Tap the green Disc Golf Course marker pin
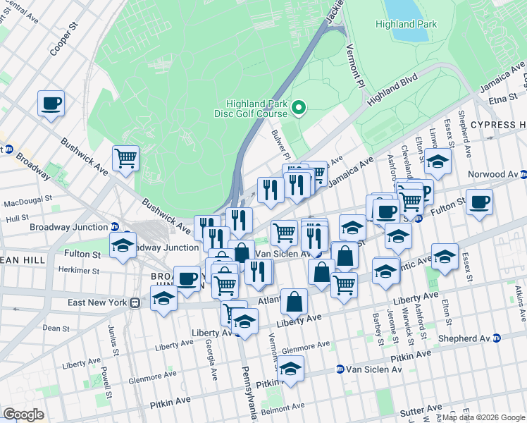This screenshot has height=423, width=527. click(x=299, y=108)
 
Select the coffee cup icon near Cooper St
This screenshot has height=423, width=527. click(x=51, y=104)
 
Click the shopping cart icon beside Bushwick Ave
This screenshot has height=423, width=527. click(x=126, y=159)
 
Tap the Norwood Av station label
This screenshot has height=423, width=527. click(x=492, y=174)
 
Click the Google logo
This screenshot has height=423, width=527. click(x=23, y=414)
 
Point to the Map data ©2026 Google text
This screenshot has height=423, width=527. click(x=483, y=417)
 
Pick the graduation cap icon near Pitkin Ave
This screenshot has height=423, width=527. click(x=290, y=369)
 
